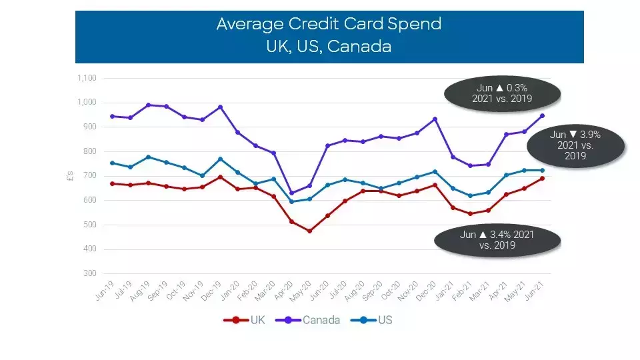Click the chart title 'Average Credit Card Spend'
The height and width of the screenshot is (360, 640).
329,25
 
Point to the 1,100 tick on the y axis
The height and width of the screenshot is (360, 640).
87,78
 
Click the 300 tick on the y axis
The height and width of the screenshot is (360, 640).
91,274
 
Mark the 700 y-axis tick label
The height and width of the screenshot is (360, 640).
91,176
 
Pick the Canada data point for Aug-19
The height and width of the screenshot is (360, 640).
149,105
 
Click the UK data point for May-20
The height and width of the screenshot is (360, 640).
309,231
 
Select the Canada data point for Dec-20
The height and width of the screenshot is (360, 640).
435,119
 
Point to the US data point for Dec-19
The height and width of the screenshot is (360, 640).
220,159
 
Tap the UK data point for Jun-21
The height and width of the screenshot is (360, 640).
542,178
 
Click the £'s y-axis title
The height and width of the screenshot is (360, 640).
71,177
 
